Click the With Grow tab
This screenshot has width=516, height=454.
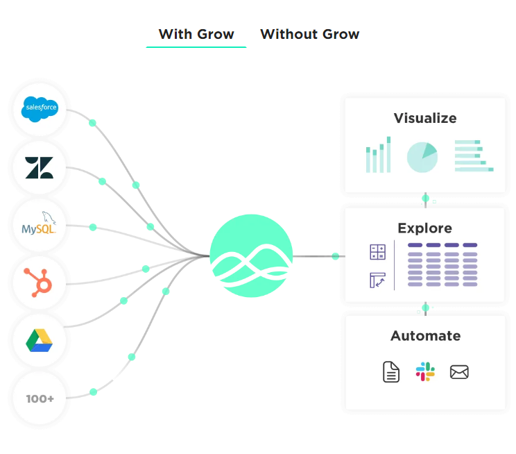click(196, 34)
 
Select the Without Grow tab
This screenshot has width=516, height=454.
click(309, 34)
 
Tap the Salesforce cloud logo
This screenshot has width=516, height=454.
click(40, 109)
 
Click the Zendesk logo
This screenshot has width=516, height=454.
click(40, 167)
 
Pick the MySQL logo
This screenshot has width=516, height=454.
click(39, 225)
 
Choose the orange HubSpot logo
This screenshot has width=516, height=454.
click(40, 283)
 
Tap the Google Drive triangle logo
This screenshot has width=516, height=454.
click(40, 340)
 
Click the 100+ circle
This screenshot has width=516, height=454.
click(40, 398)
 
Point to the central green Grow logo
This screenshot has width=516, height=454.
click(252, 256)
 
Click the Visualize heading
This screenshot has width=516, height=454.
click(425, 118)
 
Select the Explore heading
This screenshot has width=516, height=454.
click(424, 228)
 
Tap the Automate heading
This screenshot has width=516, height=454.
click(425, 336)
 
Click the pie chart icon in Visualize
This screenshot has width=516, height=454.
click(422, 158)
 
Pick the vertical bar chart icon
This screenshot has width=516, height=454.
click(378, 155)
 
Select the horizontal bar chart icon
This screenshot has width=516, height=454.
click(474, 155)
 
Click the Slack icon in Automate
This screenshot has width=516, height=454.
click(425, 371)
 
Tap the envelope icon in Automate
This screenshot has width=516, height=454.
click(459, 372)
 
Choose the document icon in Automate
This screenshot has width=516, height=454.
click(391, 371)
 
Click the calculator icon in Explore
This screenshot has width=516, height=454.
click(377, 252)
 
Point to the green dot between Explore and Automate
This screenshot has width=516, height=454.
click(426, 308)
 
